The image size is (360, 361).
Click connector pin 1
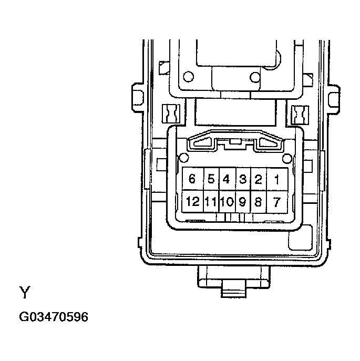[x=277, y=179]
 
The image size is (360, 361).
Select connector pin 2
[x=258, y=179]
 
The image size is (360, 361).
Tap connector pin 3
[x=243, y=179]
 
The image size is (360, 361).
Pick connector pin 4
[x=227, y=179]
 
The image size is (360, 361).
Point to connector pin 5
[x=211, y=179]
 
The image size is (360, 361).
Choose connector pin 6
[x=192, y=179]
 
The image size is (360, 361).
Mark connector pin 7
[x=277, y=202]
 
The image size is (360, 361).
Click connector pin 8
[x=258, y=202]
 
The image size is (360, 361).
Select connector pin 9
[x=243, y=202]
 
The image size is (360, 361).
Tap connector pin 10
[x=227, y=202]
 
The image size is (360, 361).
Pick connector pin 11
[x=211, y=202]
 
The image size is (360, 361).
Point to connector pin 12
[x=192, y=202]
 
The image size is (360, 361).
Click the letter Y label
[x=24, y=292]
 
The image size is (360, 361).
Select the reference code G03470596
[x=54, y=318]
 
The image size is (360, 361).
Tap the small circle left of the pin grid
[x=183, y=157]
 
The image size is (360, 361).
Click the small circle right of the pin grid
[x=286, y=158]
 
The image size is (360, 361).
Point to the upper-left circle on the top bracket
[x=189, y=77]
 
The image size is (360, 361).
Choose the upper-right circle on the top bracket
[x=255, y=77]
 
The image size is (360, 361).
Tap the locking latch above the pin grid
[x=235, y=141]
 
